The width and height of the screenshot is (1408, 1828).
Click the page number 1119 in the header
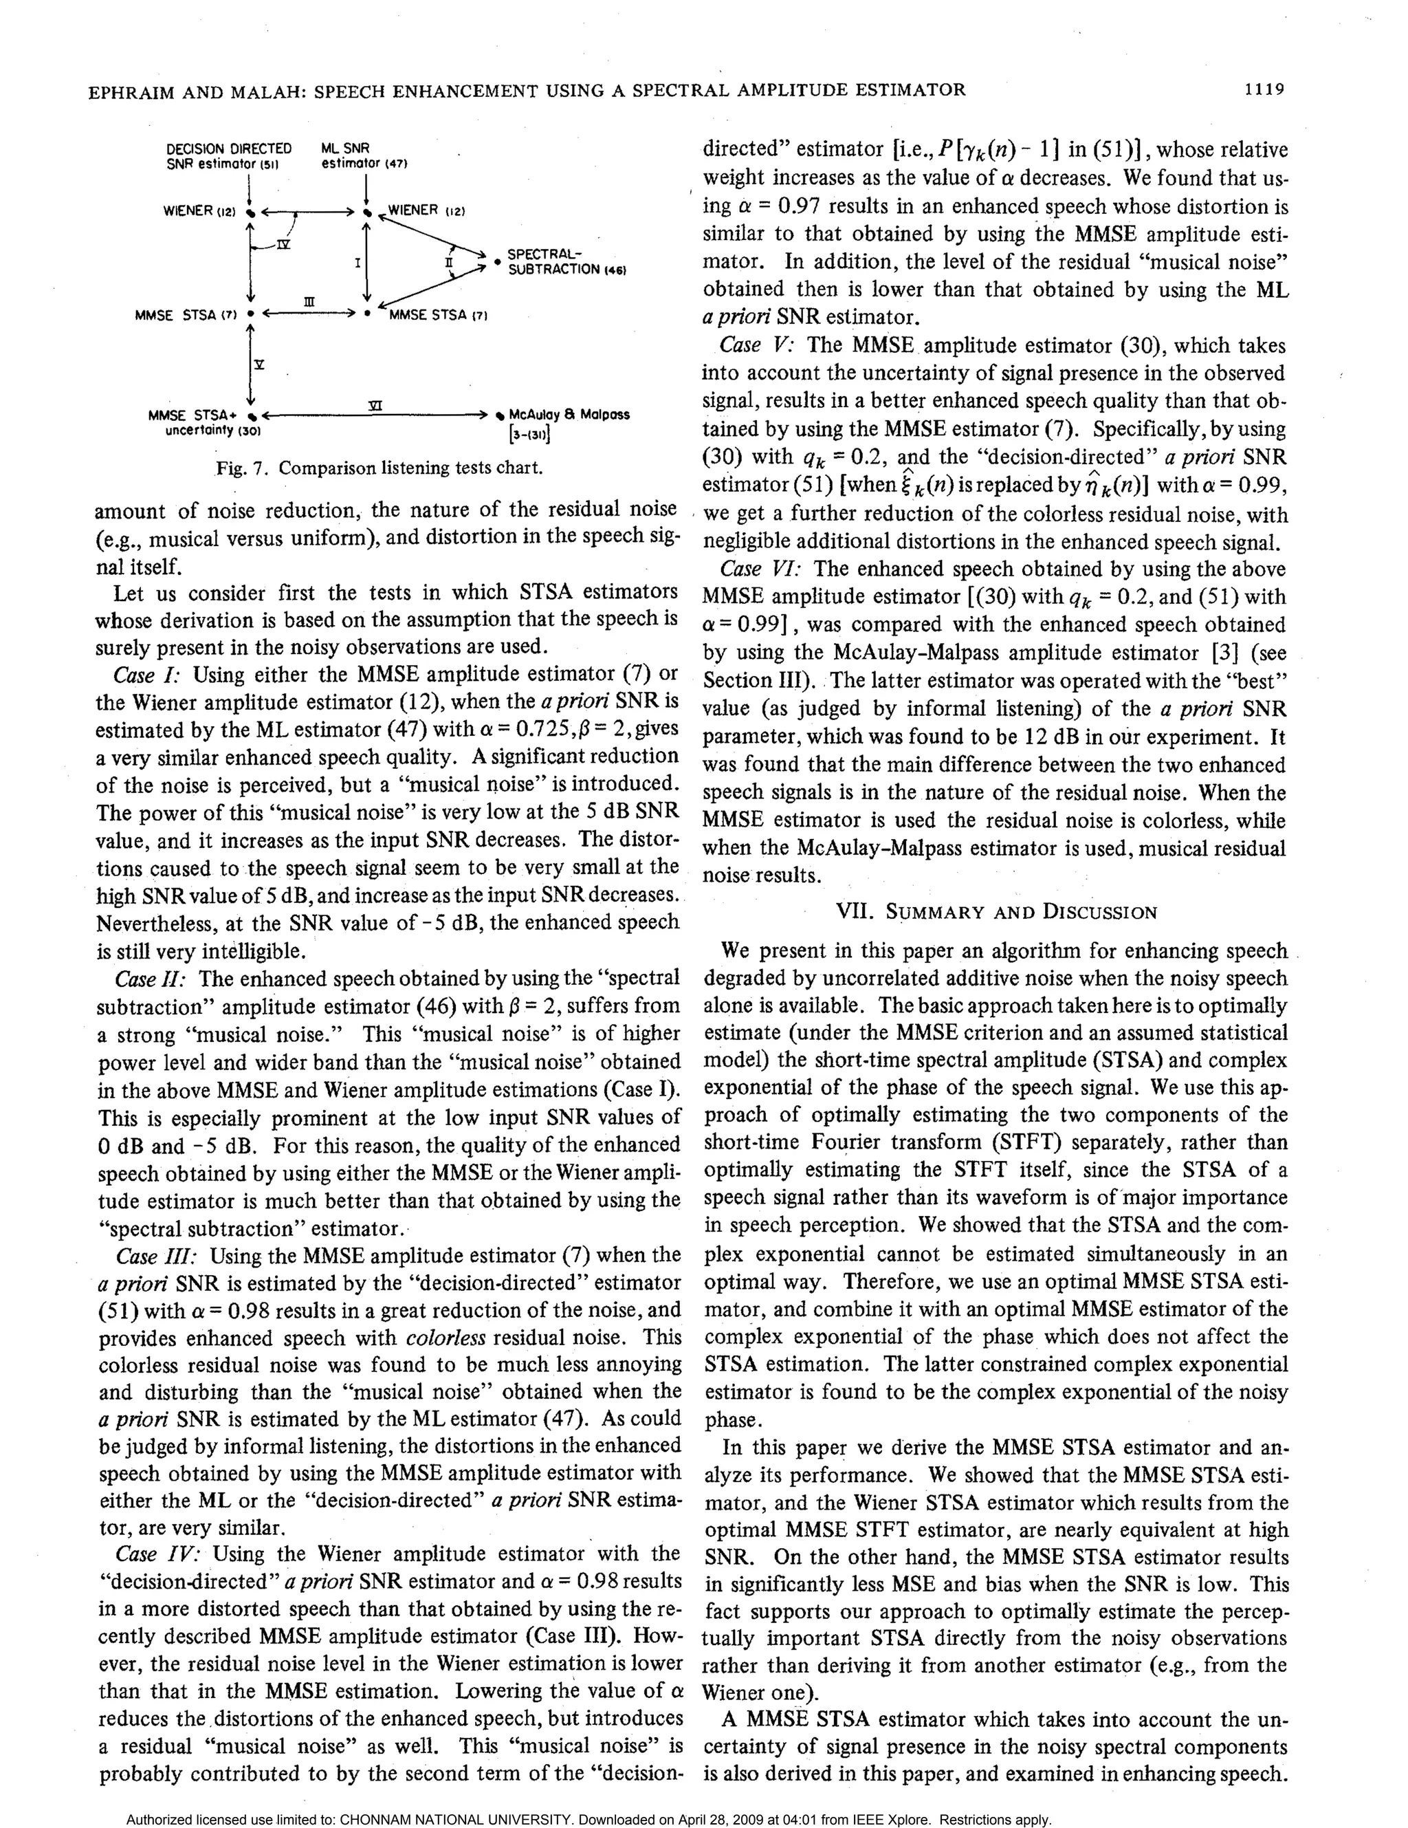click(1262, 89)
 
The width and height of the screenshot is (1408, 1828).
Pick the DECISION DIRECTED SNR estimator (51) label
click(228, 155)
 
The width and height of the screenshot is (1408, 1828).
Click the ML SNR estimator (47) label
click(362, 155)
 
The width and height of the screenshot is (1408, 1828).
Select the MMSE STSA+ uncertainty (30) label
click(204, 423)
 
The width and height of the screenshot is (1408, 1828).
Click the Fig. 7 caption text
click(379, 467)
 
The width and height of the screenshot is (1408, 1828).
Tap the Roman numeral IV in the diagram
click(284, 243)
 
